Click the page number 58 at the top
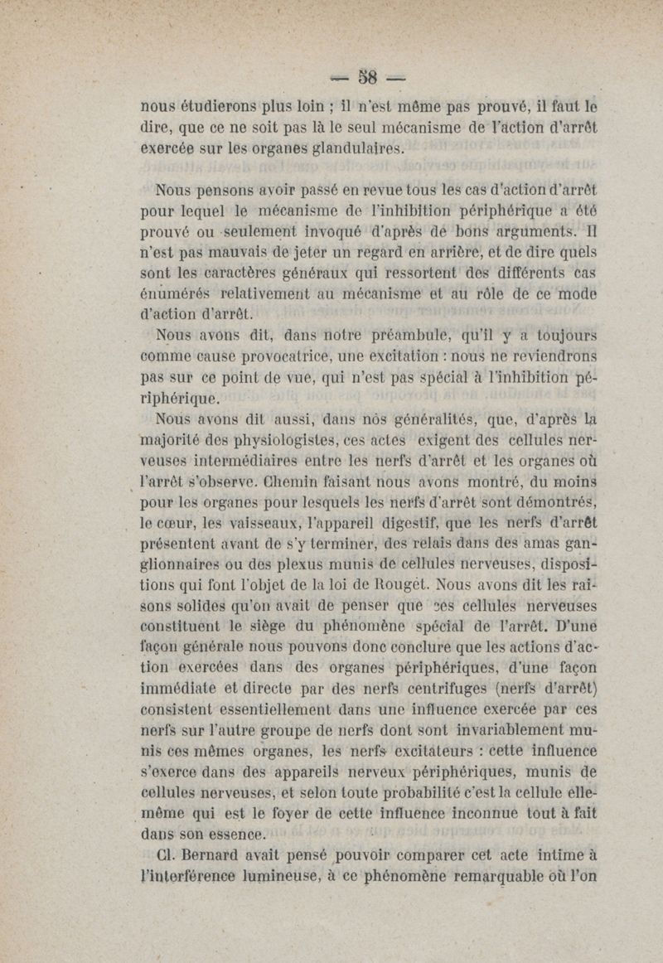[367, 79]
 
